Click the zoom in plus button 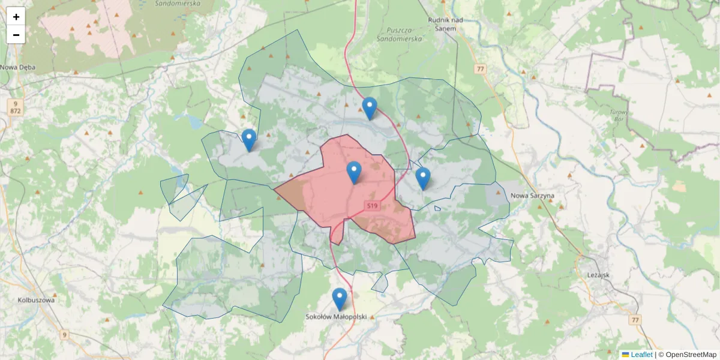click(16, 17)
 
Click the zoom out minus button click(16, 35)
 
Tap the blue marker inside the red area click(354, 172)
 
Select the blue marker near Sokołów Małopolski click(340, 299)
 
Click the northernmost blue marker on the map click(370, 108)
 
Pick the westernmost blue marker click(249, 140)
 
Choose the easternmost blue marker click(423, 178)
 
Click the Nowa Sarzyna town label click(532, 196)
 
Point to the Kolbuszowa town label click(37, 300)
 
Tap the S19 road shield click(373, 206)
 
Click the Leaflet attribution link click(641, 355)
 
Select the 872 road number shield click(15, 112)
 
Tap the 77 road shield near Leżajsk click(635, 320)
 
